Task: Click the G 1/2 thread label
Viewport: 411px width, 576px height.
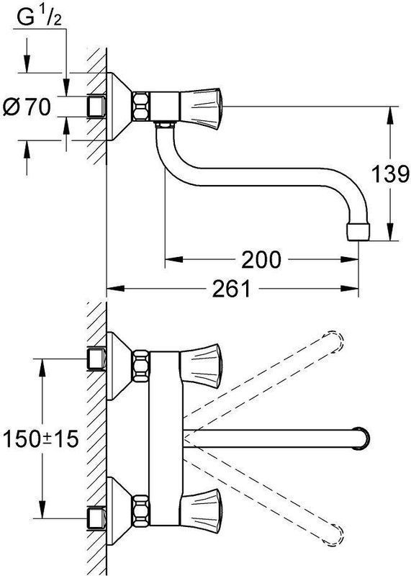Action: (40, 17)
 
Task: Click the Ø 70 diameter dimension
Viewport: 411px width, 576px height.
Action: (27, 107)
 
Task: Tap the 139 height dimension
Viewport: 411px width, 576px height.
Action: (390, 174)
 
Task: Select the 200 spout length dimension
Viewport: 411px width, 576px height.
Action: (261, 259)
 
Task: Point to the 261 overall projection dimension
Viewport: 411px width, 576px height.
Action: (231, 288)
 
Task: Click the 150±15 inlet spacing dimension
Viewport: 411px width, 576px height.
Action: (40, 438)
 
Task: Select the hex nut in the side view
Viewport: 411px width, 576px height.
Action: (141, 106)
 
